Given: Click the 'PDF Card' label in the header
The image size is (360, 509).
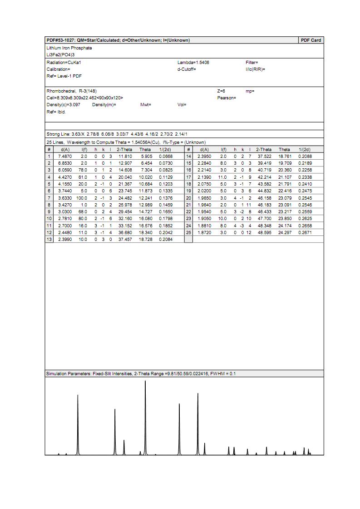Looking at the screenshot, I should pos(311,40).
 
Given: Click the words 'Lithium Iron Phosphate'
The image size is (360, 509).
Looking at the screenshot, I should pos(69,48).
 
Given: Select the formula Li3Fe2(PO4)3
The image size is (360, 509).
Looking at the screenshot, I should pos(60,54).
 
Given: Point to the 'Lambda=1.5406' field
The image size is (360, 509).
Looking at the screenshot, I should pos(193,62).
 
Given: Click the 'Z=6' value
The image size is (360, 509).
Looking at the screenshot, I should pos(221,91).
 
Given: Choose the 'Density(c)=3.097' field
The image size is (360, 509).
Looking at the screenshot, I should pos(63,105).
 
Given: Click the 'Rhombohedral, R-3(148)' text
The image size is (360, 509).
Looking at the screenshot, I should pos(72,91).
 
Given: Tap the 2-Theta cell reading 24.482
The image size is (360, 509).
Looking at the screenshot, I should pos(124,198).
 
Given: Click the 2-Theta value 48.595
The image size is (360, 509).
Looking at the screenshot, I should pos(264,232).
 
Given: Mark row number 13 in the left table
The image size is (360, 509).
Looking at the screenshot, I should pos(49,239).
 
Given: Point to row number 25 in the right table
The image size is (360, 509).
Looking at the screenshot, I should pos(189,232).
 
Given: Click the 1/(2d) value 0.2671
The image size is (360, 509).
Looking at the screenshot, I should pos(305,232).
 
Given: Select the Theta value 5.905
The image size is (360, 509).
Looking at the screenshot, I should pos(145,157).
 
